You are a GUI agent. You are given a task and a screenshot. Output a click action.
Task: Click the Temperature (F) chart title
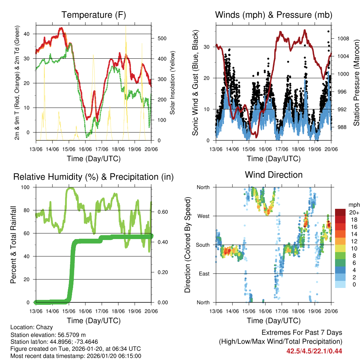tap(94, 15)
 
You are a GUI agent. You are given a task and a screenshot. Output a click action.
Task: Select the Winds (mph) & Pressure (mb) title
tap(274, 15)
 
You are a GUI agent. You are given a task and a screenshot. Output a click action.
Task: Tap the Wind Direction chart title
tap(274, 175)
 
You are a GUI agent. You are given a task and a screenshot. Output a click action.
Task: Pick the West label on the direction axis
tap(203, 216)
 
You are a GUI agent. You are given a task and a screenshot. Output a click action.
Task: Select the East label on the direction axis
tap(204, 274)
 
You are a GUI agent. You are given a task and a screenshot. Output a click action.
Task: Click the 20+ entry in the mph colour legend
tap(353, 212)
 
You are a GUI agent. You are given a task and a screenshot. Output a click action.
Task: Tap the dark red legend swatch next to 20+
tap(341, 212)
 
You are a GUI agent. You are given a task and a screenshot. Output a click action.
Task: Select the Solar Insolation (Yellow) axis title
tap(173, 83)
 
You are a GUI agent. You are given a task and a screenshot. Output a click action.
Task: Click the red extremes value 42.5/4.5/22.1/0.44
tap(314, 351)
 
